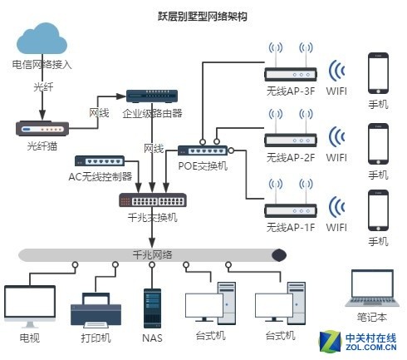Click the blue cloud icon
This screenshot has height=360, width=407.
(x=42, y=38)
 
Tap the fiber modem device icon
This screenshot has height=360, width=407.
(x=42, y=129)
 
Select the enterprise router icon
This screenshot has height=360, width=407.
(x=152, y=96)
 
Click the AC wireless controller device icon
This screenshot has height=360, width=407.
(x=100, y=160)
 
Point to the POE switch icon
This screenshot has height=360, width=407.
(x=203, y=150)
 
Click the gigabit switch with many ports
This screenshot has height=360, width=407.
(x=153, y=200)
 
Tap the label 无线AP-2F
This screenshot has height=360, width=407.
(x=291, y=158)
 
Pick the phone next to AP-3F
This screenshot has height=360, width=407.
(x=378, y=73)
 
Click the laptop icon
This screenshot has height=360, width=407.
(x=372, y=288)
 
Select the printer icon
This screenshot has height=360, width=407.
(x=96, y=310)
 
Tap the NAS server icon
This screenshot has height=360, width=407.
(x=152, y=308)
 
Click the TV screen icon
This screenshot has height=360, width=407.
(x=30, y=306)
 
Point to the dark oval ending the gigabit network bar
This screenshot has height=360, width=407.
(x=278, y=255)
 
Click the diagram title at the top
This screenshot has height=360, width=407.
(x=203, y=17)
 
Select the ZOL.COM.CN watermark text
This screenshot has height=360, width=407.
(x=371, y=347)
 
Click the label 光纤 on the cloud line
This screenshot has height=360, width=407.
(x=43, y=87)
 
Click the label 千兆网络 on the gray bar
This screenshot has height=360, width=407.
(x=153, y=255)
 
